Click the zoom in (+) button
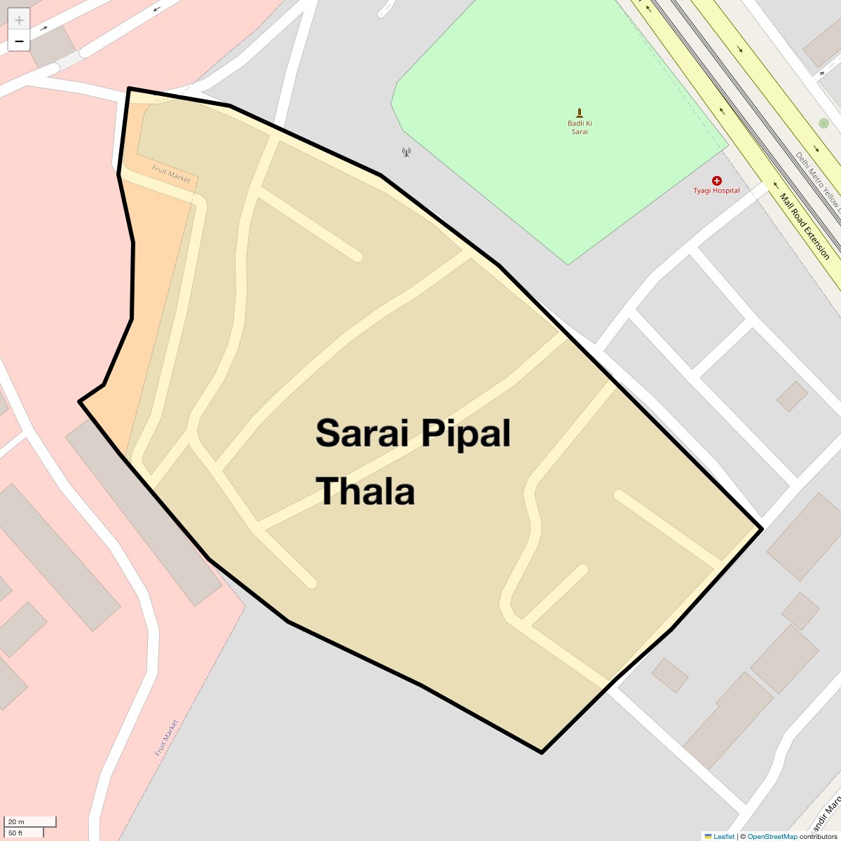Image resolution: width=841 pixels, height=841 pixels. point(19,20)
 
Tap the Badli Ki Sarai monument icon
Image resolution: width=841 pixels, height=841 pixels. point(580,113)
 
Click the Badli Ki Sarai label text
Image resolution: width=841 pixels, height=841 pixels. point(580,128)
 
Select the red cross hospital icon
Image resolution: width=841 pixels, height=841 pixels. point(716,181)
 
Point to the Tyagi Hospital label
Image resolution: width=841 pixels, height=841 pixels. point(716,191)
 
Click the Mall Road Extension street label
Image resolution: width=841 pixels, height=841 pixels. point(804,226)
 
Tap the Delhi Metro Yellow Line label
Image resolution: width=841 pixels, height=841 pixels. point(817,179)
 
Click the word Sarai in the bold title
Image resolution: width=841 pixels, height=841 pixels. point(362,433)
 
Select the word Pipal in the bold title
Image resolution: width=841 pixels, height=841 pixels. point(465,435)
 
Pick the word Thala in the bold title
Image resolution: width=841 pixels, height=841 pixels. point(365,491)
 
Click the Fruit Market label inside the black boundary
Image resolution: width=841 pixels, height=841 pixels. point(171,174)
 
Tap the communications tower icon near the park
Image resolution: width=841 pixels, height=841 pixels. point(406,151)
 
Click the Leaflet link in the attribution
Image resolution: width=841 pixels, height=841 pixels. point(724,836)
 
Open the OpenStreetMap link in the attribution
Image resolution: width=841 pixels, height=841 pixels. point(772,836)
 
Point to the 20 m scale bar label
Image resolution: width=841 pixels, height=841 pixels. point(16,822)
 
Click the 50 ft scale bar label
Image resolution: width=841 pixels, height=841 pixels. point(15,833)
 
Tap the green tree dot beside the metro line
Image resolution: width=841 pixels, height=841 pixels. point(823,123)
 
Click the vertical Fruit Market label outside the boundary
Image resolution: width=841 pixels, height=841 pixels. point(167,737)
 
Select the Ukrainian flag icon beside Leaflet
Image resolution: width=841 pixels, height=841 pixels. point(708,836)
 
